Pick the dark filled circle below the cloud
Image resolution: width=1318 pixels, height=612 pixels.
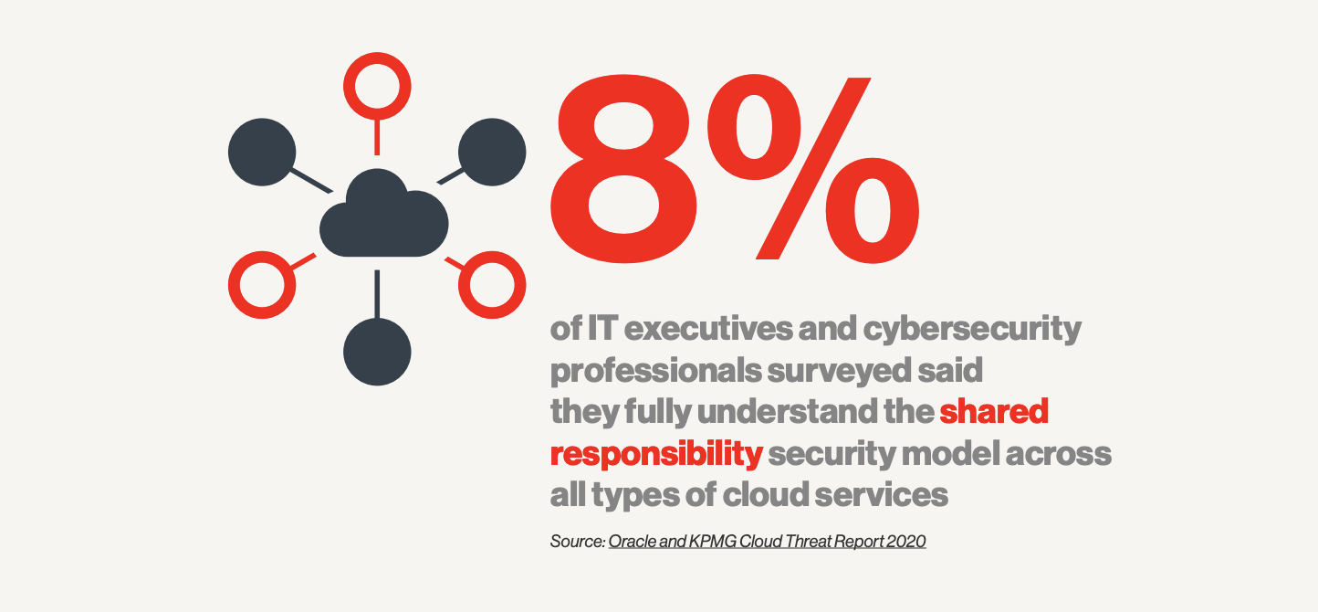click(377, 352)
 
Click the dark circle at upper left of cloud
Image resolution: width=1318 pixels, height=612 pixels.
click(262, 152)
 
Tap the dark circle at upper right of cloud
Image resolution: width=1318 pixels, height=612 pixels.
click(492, 152)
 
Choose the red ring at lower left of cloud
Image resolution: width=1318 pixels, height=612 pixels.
click(262, 284)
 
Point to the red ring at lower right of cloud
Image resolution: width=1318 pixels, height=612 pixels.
click(492, 284)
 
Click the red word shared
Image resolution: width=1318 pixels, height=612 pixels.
click(994, 412)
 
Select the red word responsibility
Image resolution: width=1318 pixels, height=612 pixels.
click(655, 454)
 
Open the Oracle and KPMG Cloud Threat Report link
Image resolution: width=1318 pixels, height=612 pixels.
click(767, 542)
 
